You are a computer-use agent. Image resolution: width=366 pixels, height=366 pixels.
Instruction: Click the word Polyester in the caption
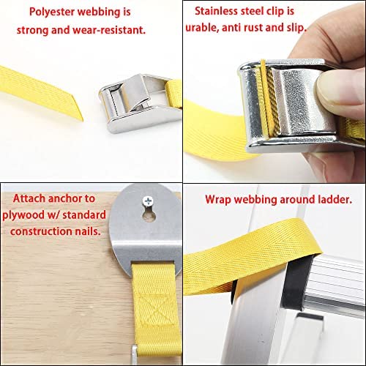coord(52,12)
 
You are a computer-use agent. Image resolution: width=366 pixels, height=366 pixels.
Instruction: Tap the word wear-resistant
coord(109,30)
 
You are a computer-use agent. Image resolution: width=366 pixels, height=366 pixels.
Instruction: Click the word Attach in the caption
coord(29,198)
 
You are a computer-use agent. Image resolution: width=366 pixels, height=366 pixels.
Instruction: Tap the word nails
coord(88,231)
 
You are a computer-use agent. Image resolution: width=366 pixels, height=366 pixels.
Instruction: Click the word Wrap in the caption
coord(218,200)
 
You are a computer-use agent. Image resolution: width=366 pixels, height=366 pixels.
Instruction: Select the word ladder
coord(335,199)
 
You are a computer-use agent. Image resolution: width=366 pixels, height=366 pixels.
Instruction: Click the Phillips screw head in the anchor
coord(148,201)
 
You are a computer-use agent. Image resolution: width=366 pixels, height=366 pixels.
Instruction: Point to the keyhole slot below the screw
coord(149,215)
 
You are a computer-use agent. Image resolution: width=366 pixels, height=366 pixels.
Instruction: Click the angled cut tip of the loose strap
coord(82,120)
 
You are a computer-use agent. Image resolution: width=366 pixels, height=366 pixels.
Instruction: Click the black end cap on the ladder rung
coord(295,280)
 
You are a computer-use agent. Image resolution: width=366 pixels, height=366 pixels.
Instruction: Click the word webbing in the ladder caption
coord(255,200)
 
